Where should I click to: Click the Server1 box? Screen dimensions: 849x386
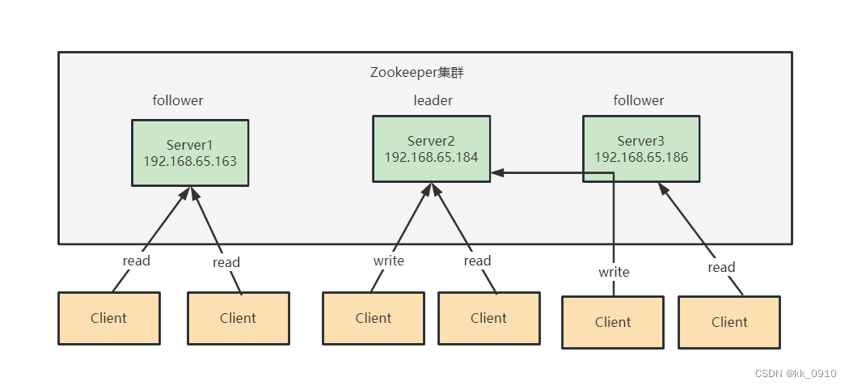190,153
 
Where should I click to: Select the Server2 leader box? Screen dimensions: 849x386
432,149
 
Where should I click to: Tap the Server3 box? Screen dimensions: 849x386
641,149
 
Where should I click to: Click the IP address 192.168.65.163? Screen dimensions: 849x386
190,162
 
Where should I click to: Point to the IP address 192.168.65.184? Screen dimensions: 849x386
432,157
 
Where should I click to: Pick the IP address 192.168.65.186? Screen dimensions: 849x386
642,157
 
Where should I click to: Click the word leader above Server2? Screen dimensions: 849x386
433,100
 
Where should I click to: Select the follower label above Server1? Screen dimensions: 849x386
178,100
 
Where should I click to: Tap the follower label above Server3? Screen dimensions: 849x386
639,100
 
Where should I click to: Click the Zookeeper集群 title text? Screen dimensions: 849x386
417,73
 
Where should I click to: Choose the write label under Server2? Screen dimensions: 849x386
389,261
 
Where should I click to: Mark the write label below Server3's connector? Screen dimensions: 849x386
614,272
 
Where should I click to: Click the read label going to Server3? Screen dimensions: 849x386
721,267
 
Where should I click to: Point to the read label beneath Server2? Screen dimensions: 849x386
477,261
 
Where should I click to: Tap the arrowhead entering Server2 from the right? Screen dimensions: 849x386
497,173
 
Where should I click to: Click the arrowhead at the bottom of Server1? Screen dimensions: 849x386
190,193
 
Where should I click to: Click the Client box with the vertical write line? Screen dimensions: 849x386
613,322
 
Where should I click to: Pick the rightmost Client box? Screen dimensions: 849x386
729,322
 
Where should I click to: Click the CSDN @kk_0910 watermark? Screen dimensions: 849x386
796,374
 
